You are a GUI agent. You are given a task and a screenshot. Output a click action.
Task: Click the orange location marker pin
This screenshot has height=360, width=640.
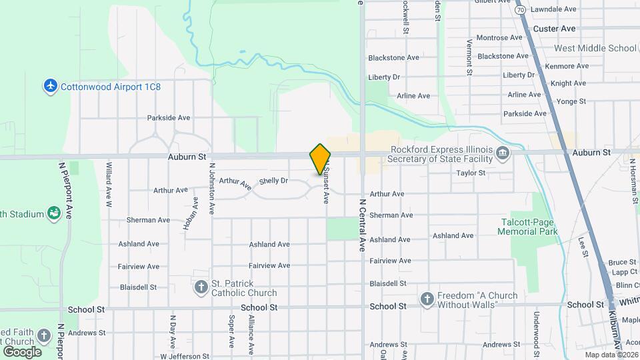pos(321,159)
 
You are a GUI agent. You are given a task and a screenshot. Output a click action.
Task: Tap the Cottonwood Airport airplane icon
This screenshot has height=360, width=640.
pos(50,87)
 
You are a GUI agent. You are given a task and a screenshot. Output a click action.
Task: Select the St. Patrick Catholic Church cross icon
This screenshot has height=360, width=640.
pos(201,287)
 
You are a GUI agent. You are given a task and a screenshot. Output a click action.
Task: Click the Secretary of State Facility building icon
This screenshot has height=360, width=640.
pos(503,154)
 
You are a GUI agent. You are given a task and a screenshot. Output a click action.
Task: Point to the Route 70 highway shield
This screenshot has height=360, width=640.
pos(520,10)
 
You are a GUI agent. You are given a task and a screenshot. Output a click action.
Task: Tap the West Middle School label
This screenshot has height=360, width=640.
pos(595,48)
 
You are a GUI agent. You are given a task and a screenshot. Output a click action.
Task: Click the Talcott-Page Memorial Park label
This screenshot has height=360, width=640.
pos(527,227)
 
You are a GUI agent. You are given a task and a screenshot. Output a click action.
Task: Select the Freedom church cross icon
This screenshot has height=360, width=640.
pos(427,299)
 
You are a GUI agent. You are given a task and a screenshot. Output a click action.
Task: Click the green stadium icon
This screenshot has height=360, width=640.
pos(54,214)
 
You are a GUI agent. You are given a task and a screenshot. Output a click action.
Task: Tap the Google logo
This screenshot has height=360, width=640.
pos(22,351)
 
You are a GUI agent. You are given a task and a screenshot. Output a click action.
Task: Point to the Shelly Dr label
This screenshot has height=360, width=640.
pos(273,181)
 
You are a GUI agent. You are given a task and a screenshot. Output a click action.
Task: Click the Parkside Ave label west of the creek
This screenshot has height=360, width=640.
pos(169,118)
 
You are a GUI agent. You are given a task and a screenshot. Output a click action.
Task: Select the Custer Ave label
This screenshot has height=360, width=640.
pos(554,29)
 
